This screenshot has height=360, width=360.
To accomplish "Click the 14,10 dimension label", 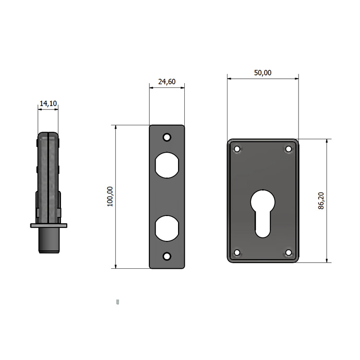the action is coord(48,104).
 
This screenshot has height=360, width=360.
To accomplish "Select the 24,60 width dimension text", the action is coord(167,82).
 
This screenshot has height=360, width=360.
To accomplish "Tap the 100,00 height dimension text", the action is coord(110,196).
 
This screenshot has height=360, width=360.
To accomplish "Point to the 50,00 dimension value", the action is coord(263,73).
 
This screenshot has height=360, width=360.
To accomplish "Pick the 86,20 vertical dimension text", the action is coord(321,201).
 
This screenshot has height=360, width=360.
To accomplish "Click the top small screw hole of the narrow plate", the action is coord(167,138).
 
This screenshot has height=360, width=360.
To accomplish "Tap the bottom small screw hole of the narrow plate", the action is coord(167,256).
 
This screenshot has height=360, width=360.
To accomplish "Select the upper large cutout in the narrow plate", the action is coord(167,165).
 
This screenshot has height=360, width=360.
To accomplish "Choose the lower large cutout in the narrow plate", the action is coord(167,228).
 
